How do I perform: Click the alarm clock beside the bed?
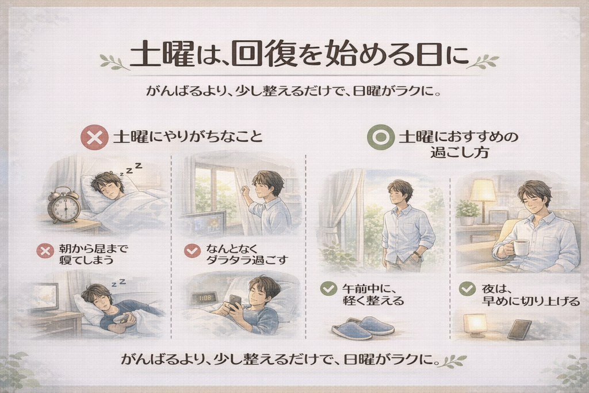[64, 205]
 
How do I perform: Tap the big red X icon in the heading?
[94, 138]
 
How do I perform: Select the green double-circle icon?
[381, 138]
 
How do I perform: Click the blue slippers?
[363, 327]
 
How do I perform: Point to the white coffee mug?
[521, 246]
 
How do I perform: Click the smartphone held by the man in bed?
[235, 303]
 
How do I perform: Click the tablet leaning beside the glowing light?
[520, 329]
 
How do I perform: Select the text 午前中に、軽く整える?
[373, 295]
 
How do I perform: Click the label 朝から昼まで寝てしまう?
[93, 254]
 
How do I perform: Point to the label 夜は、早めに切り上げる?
[530, 295]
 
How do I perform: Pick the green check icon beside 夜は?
[467, 289]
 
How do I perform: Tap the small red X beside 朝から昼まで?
[45, 251]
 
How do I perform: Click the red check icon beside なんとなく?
[192, 251]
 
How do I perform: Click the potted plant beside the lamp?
[467, 212]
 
